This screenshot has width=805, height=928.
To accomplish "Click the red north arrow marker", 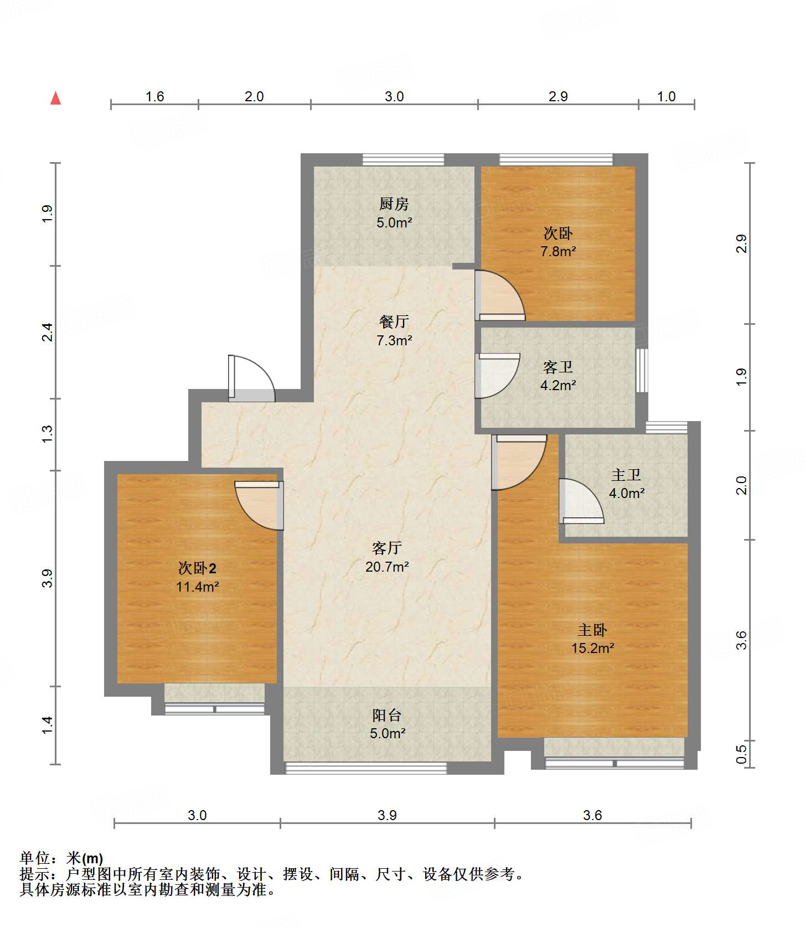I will pyautogui.click(x=55, y=98).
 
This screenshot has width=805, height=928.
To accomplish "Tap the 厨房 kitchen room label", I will pyautogui.click(x=394, y=204).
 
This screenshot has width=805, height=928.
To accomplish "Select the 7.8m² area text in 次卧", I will pyautogui.click(x=558, y=251).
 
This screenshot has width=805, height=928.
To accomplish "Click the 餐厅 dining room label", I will pyautogui.click(x=394, y=322).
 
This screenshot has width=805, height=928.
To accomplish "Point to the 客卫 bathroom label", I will pyautogui.click(x=558, y=367).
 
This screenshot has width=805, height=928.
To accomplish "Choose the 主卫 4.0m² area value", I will pyautogui.click(x=626, y=493).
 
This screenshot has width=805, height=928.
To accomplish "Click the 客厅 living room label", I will pyautogui.click(x=386, y=548).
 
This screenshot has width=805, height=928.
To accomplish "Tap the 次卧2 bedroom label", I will pyautogui.click(x=197, y=568).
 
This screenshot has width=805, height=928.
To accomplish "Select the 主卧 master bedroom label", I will pyautogui.click(x=592, y=630).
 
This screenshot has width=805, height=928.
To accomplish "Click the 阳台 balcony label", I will pyautogui.click(x=386, y=715).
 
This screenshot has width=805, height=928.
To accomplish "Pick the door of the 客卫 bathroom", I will pyautogui.click(x=496, y=375).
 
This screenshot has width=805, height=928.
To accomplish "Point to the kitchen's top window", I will pyautogui.click(x=403, y=160).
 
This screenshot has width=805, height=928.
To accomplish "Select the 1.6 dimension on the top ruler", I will pyautogui.click(x=154, y=96).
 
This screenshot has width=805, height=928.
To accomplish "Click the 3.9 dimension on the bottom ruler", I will pyautogui.click(x=387, y=815).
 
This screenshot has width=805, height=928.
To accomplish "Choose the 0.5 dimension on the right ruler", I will pyautogui.click(x=741, y=754).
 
